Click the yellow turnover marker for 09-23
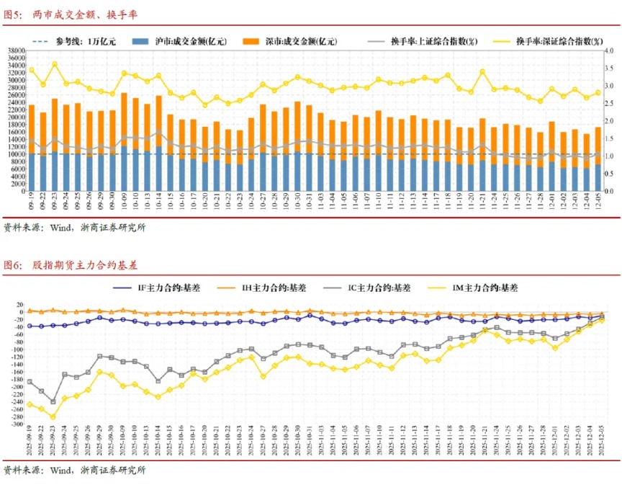[54, 65]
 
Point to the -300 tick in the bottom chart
[15, 424]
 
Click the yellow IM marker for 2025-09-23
[53, 416]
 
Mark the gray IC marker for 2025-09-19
[30, 381]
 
